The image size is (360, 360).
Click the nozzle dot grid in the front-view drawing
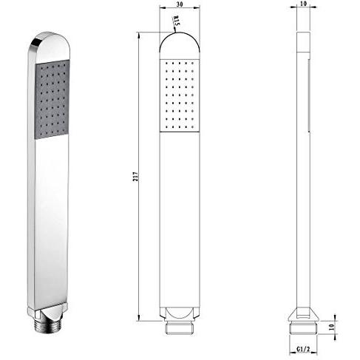tap(180, 95)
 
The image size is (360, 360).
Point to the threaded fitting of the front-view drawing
tap(180, 326)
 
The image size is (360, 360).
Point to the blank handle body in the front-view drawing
tap(180, 222)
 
